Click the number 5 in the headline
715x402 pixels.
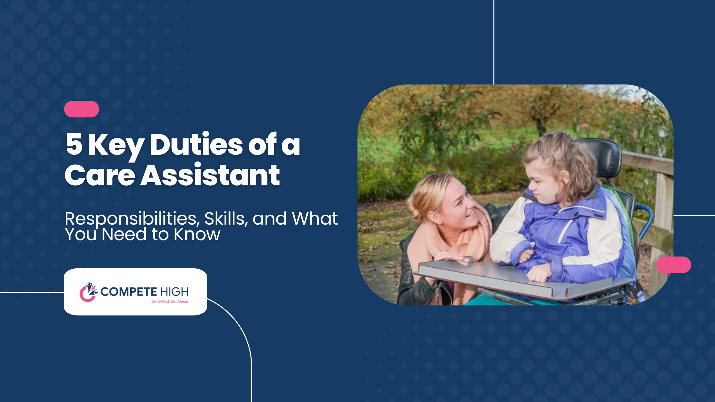click(74, 144)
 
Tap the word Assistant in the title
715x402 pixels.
click(210, 175)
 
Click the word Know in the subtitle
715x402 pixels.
click(197, 234)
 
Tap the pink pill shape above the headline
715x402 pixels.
click(81, 109)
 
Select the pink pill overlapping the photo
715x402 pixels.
click(674, 265)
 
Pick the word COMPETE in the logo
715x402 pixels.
click(129, 292)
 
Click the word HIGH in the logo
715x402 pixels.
click(174, 292)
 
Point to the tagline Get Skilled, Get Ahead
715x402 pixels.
click(169, 301)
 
